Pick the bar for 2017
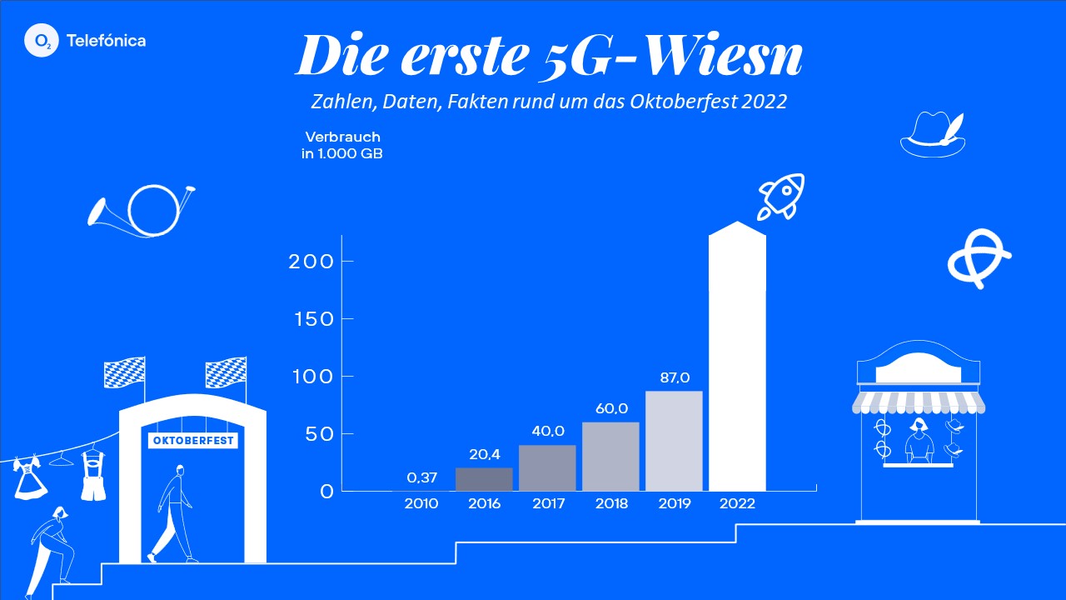(x=547, y=467)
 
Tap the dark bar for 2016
(x=484, y=478)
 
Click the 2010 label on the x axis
(x=421, y=504)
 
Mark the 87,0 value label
(x=674, y=378)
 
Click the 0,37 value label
(x=422, y=477)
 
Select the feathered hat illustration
(x=934, y=133)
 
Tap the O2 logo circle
(x=41, y=40)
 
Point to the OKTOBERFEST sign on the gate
(x=193, y=440)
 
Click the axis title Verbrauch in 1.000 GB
(x=342, y=145)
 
